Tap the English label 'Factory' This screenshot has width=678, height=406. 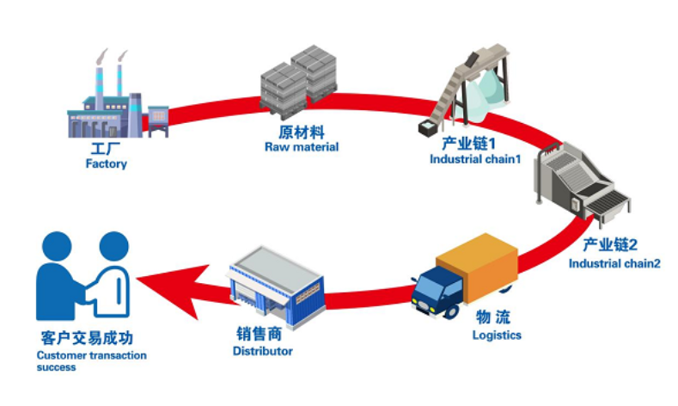106,163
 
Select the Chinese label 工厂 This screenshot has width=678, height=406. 106,149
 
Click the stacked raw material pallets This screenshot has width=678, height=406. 296,82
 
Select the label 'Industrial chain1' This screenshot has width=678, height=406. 475,158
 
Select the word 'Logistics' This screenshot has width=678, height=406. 497,335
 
